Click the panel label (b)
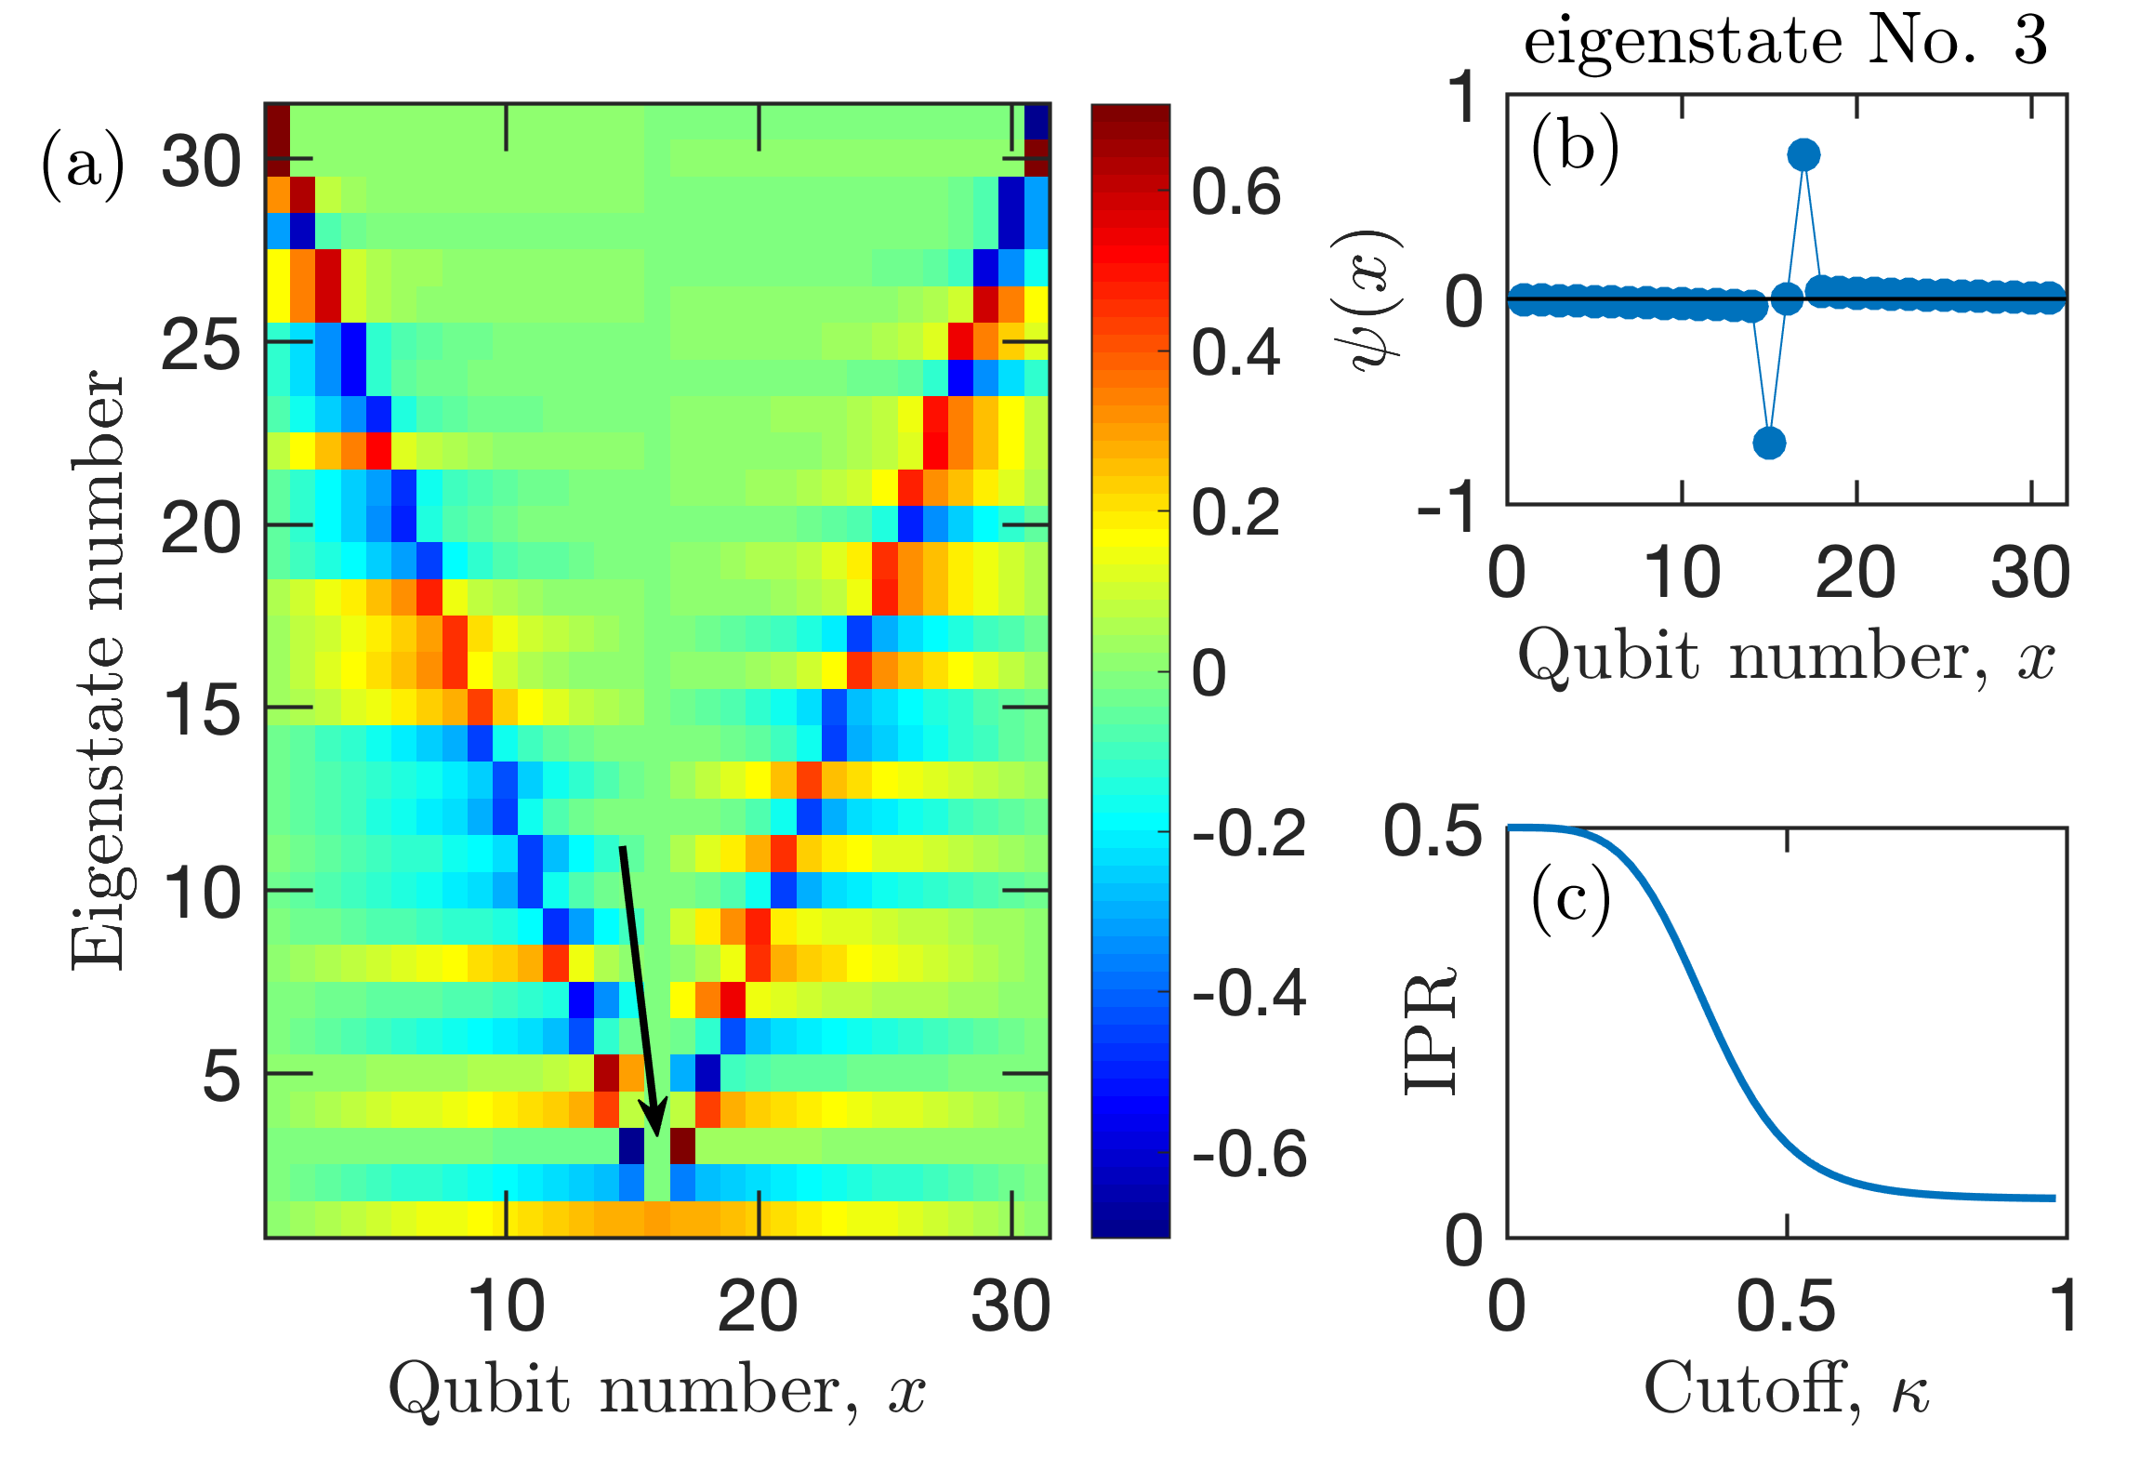click(1575, 149)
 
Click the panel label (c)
click(1571, 900)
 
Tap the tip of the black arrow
click(657, 1133)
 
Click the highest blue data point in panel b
click(1803, 155)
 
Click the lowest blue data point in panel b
click(1769, 443)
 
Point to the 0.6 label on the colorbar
click(1235, 192)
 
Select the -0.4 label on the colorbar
click(1248, 993)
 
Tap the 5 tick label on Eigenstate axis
click(221, 1077)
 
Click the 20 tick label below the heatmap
click(758, 1306)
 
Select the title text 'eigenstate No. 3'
click(1785, 41)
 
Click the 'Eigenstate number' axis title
click(97, 669)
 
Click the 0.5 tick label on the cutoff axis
click(1786, 1306)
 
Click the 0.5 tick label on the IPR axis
click(1433, 830)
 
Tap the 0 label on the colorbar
click(1209, 673)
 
